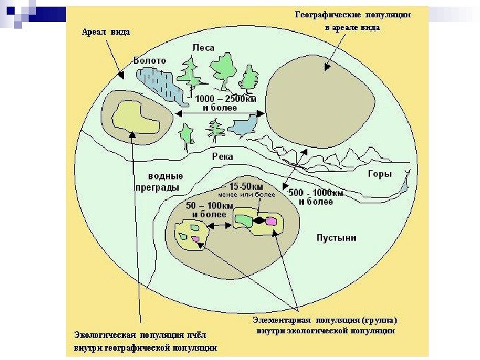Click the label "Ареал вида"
click(x=105, y=31)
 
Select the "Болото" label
click(x=150, y=60)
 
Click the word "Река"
click(x=223, y=156)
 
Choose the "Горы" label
click(x=379, y=174)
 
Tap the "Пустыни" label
click(x=336, y=237)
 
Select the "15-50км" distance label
click(x=246, y=186)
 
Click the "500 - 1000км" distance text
click(x=316, y=193)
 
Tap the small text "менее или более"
click(x=246, y=195)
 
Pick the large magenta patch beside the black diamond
click(x=271, y=221)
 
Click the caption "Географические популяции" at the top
click(x=353, y=14)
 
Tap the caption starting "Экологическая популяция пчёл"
click(x=144, y=341)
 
